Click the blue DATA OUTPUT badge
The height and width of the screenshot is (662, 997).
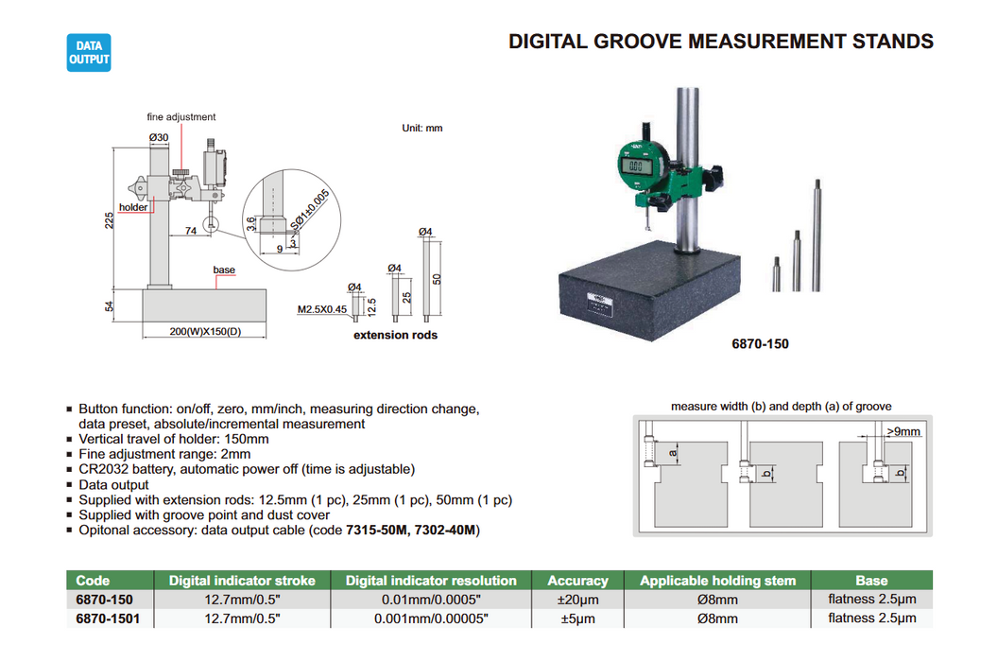[x=89, y=52]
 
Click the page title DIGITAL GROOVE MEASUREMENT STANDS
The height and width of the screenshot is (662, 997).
[x=720, y=42]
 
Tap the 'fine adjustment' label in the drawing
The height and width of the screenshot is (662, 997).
[x=180, y=117]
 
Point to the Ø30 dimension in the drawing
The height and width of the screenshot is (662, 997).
[x=159, y=138]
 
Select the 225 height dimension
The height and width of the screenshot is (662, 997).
[x=110, y=220]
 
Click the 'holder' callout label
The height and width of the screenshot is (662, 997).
[x=133, y=207]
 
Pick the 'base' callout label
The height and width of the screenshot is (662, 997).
[x=224, y=270]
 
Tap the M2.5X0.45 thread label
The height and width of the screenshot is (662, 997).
[x=321, y=309]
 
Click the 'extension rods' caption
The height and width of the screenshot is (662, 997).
[x=395, y=335]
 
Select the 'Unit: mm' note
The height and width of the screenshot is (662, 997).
[x=421, y=128]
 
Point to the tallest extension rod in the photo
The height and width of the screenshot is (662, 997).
[x=812, y=235]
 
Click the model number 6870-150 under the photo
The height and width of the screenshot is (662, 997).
[x=759, y=344]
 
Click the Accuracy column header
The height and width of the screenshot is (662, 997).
[x=577, y=581]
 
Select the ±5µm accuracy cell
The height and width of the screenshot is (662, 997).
[x=577, y=618]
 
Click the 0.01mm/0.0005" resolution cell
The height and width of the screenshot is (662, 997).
[x=431, y=600]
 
